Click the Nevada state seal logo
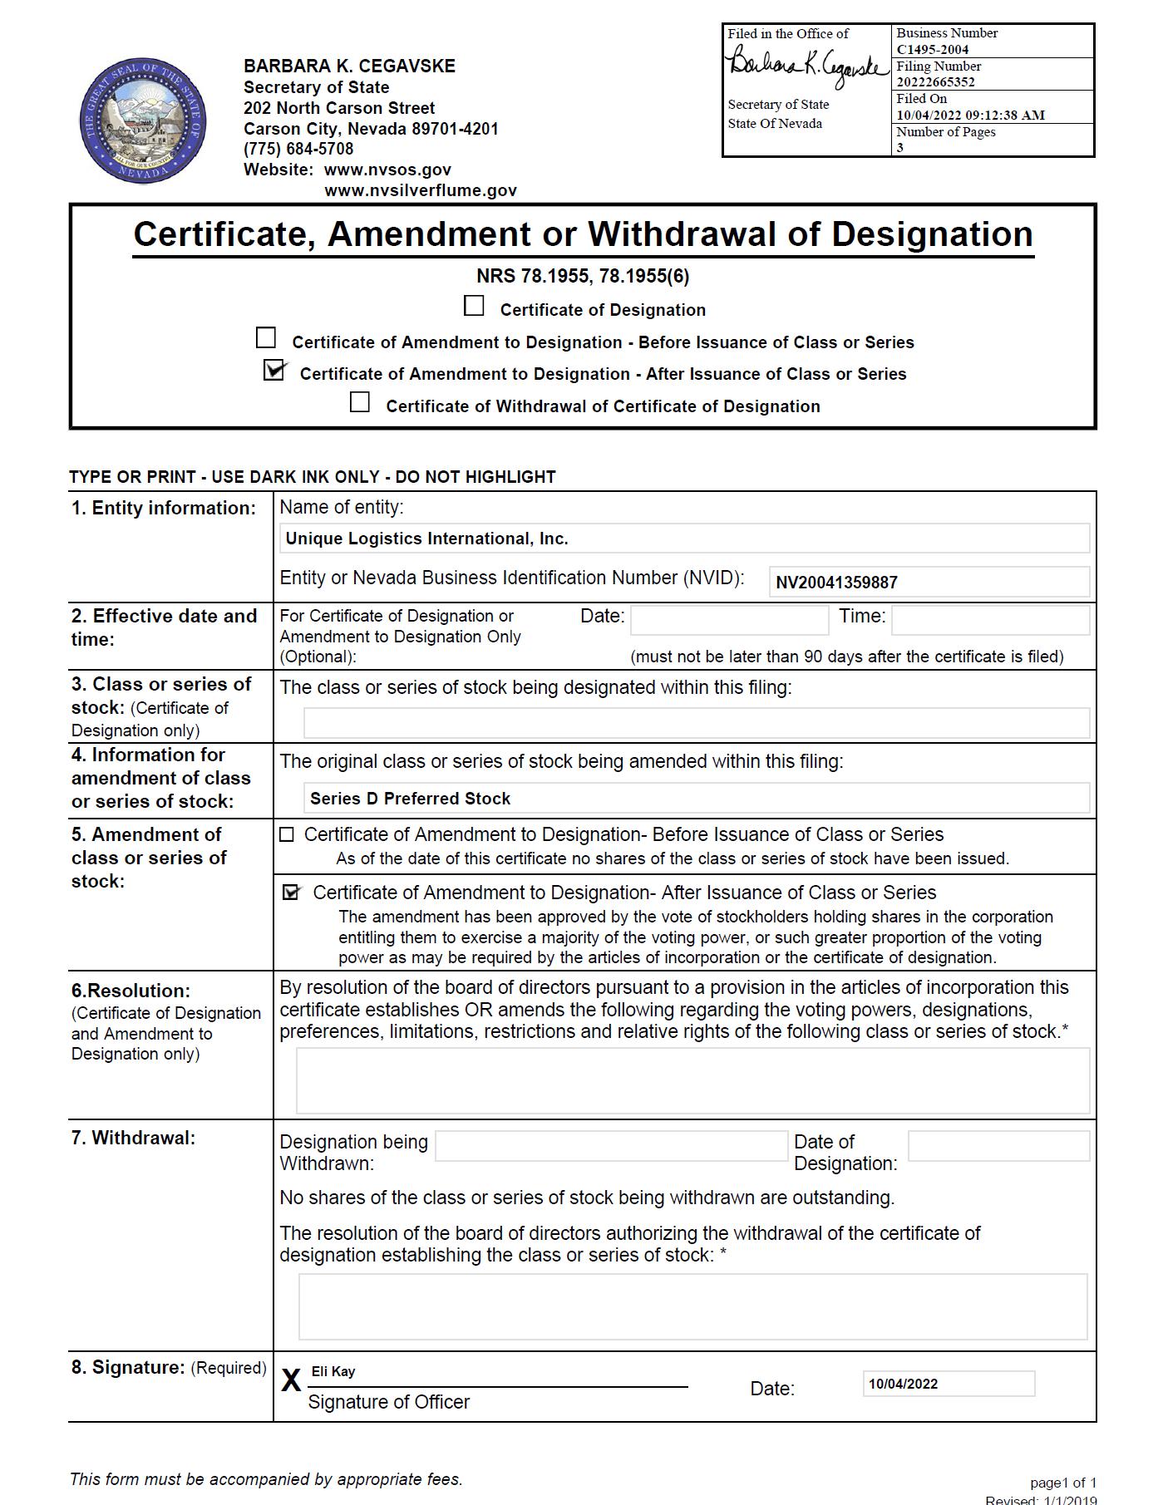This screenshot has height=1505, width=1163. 142,121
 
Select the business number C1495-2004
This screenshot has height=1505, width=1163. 932,49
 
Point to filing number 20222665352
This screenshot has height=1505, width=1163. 935,81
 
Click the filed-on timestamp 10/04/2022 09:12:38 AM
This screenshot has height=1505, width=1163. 970,115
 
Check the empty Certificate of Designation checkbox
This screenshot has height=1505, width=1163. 474,307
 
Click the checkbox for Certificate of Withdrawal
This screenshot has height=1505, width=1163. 360,402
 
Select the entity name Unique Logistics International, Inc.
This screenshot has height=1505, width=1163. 426,539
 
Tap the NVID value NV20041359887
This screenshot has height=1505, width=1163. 836,583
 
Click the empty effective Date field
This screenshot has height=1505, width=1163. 729,620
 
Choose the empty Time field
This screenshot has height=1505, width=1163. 989,620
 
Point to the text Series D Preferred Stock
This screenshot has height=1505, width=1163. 410,799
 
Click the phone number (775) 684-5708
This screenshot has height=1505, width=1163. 298,149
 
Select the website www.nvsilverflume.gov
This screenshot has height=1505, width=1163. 421,190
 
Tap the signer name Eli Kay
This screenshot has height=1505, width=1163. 333,1371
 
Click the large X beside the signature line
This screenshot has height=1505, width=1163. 291,1380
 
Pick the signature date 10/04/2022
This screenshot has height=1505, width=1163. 903,1384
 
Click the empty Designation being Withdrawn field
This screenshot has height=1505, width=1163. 611,1146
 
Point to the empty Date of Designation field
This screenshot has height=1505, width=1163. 998,1146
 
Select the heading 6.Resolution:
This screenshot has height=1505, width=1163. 131,991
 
